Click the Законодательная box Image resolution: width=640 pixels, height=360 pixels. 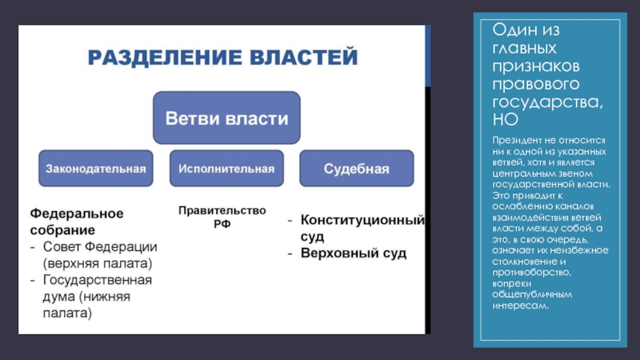coord(95,169)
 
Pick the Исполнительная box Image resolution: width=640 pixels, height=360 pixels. coord(226,169)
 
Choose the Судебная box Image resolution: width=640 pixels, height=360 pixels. coord(356,169)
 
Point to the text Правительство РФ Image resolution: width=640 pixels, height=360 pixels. coord(222,218)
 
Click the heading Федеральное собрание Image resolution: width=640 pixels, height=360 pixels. coord(77,222)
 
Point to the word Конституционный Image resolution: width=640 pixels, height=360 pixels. coord(362,220)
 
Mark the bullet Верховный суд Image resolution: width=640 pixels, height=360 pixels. coord(354,254)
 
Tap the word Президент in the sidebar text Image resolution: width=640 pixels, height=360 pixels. coord(517,140)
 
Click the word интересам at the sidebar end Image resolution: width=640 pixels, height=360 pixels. coord(521,306)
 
